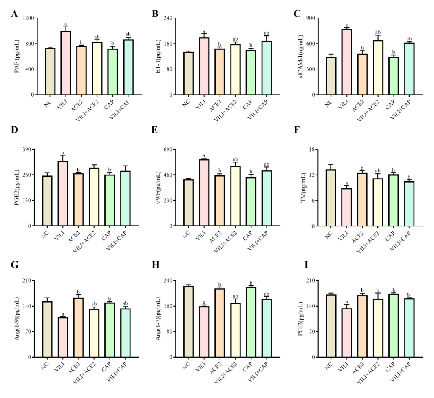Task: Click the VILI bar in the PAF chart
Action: point(66,63)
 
